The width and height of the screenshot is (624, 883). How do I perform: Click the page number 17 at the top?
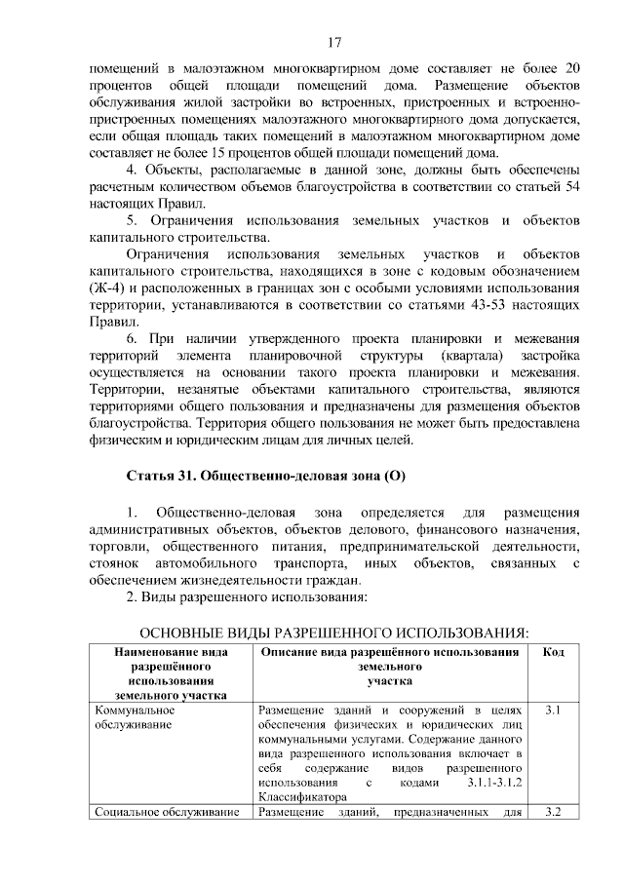pyautogui.click(x=333, y=42)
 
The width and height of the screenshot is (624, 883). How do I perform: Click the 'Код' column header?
pyautogui.click(x=553, y=651)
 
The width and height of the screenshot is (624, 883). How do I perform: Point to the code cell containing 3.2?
pyautogui.click(x=553, y=812)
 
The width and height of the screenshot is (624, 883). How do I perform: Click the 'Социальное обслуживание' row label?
pyautogui.click(x=167, y=813)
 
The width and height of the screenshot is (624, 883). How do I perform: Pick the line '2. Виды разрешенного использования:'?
pyautogui.click(x=247, y=596)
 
